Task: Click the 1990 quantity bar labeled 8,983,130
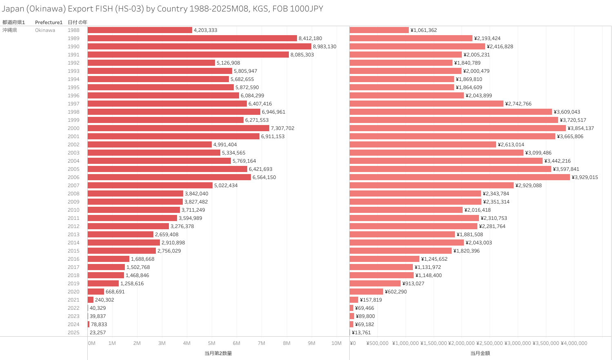point(199,47)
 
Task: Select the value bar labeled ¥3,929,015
point(459,177)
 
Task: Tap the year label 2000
point(73,128)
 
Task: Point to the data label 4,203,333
point(205,30)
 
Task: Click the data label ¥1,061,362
point(424,30)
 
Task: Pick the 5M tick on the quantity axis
point(211,343)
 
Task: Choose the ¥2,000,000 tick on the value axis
point(461,343)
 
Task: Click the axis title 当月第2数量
point(218,353)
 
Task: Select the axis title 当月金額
point(480,353)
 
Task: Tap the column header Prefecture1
point(49,22)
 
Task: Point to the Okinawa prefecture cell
point(45,30)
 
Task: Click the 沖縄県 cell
point(10,30)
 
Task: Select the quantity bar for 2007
point(150,186)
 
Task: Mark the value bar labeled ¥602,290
point(366,292)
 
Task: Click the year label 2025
point(73,333)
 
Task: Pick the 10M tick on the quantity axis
point(336,343)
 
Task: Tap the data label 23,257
point(98,333)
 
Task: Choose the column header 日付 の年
point(77,22)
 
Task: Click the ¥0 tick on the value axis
point(353,343)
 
